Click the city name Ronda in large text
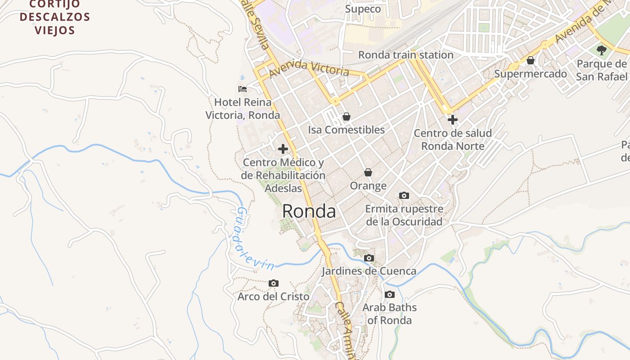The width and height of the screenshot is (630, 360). (309, 211)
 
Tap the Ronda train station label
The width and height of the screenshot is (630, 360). (405, 55)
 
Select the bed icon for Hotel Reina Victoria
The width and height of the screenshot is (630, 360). (243, 89)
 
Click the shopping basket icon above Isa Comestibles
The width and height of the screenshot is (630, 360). (346, 117)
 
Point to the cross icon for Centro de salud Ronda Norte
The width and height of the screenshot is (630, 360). (452, 120)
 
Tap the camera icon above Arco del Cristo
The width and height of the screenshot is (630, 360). (273, 283)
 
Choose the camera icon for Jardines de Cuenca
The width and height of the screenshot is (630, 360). (369, 258)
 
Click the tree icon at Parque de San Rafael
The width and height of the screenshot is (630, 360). (601, 50)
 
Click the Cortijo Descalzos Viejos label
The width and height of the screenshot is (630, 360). (55, 18)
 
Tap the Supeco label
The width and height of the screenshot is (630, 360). (363, 9)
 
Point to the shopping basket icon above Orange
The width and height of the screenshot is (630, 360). (368, 172)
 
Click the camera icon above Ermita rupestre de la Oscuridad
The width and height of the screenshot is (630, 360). (404, 195)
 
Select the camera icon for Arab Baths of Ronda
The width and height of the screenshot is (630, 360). (389, 294)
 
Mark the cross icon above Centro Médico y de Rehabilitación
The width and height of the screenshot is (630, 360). (283, 148)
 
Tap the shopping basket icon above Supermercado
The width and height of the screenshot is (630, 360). (530, 60)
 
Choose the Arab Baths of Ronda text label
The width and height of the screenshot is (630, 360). (390, 314)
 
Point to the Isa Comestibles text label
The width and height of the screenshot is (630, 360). (346, 130)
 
